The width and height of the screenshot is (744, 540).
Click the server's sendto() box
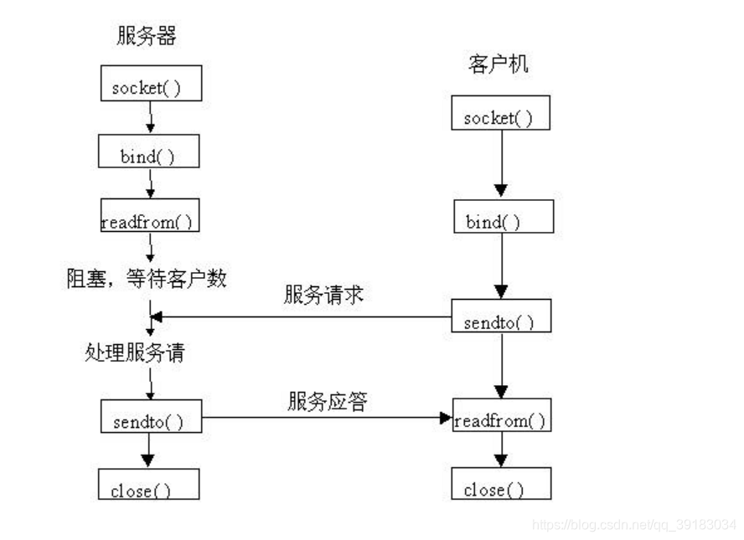point(151,416)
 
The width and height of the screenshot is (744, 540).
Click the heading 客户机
point(500,64)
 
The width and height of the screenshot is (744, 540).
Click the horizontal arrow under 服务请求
point(302,317)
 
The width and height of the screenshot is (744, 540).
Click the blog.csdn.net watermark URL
point(634,524)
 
